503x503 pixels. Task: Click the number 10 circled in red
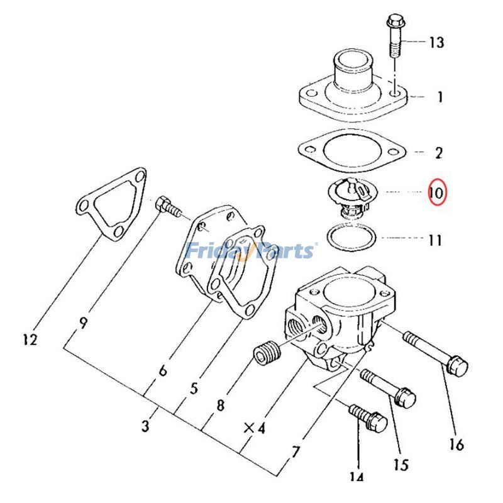click(436, 192)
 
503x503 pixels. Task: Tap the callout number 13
click(436, 43)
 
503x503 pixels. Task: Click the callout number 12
click(29, 340)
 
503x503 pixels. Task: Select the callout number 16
click(456, 445)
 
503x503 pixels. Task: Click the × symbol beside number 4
click(249, 429)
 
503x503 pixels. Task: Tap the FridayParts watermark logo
click(250, 251)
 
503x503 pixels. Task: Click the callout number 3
click(145, 428)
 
